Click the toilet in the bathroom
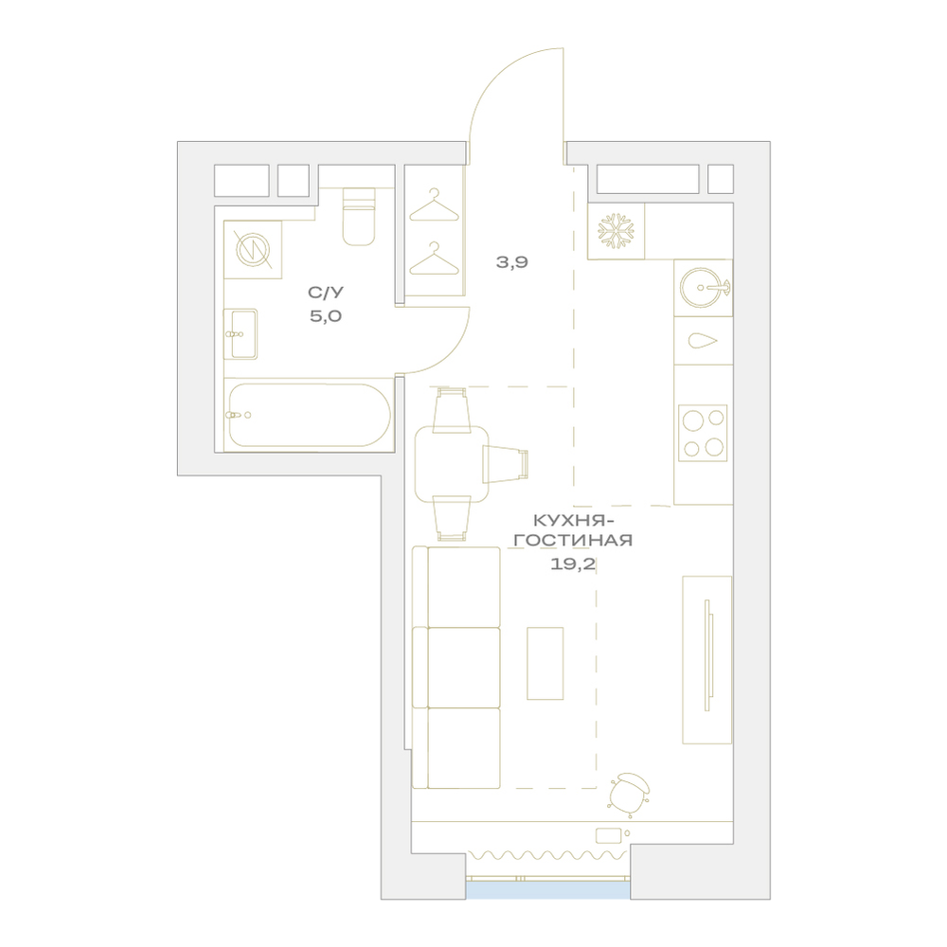[359, 216]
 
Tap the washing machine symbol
[253, 249]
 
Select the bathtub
[308, 415]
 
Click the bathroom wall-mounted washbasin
[241, 334]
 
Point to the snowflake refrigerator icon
[616, 231]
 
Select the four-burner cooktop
[703, 433]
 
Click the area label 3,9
[512, 262]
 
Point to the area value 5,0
[326, 316]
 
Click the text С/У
[326, 293]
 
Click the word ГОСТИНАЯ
[573, 540]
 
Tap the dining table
[452, 464]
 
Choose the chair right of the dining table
[505, 464]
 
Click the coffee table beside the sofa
[545, 663]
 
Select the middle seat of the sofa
[456, 668]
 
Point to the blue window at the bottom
[547, 890]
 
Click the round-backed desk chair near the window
[630, 793]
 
